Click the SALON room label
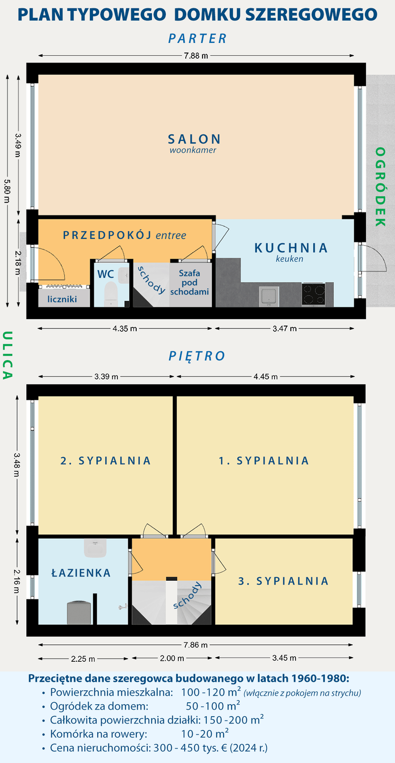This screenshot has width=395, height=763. coord(193,139)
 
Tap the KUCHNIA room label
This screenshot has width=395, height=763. coord(291,247)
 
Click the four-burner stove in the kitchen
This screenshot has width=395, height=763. coord(314,295)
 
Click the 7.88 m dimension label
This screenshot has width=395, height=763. coord(196,56)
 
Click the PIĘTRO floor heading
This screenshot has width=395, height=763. coord(197,356)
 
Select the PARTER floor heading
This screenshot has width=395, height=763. coord(197,38)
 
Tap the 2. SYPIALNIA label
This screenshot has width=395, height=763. coord(105,460)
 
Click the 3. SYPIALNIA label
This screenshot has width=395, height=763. coord(283,581)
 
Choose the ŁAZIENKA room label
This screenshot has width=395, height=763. coord(81,573)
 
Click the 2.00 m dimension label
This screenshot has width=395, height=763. coord(172,658)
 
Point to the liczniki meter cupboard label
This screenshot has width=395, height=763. coord(62,298)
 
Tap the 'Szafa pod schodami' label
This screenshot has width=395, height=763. coord(190,282)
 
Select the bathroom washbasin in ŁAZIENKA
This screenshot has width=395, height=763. coord(96,547)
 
